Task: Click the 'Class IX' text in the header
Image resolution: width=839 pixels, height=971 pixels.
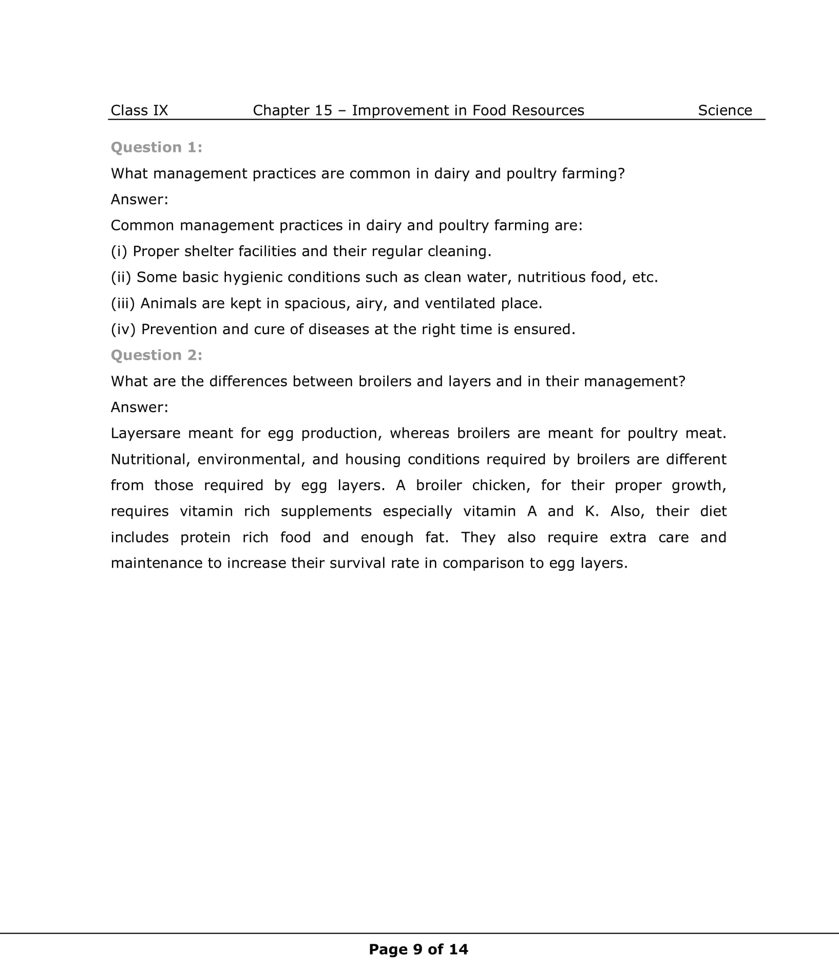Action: [x=139, y=110]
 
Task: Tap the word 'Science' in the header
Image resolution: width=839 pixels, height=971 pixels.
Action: [x=724, y=110]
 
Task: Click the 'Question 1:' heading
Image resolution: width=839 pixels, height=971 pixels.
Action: [x=157, y=147]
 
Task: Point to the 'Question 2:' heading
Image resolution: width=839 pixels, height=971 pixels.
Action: [x=157, y=355]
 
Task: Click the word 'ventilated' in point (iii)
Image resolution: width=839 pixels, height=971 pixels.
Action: [x=451, y=303]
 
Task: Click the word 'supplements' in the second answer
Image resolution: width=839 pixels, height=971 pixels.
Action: [x=326, y=511]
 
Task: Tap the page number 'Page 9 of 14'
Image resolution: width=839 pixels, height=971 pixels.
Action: [x=418, y=949]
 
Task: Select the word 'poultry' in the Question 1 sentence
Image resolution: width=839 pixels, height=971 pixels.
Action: [x=531, y=173]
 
